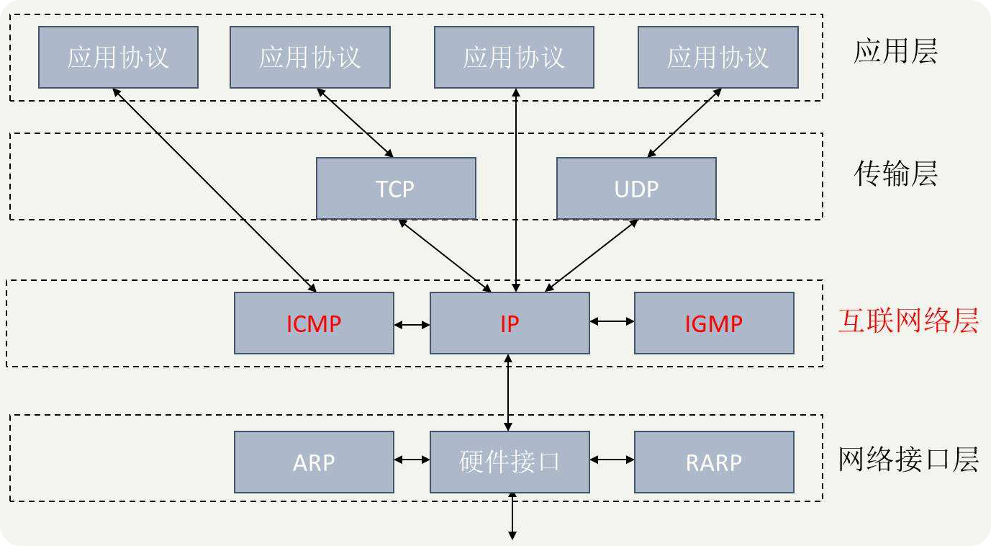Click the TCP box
click(396, 188)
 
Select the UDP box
click(636, 188)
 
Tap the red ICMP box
click(314, 323)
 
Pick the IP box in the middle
click(510, 323)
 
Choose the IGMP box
click(714, 323)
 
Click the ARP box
click(314, 462)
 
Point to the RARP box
click(714, 462)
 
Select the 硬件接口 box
click(510, 462)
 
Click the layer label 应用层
click(896, 52)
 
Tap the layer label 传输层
click(896, 174)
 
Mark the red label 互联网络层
click(908, 321)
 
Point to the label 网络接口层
click(908, 459)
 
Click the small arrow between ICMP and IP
click(412, 325)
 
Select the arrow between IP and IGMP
click(612, 321)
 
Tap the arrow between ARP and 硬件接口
click(412, 460)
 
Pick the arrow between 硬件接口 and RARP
click(612, 460)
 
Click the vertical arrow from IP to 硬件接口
click(510, 393)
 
